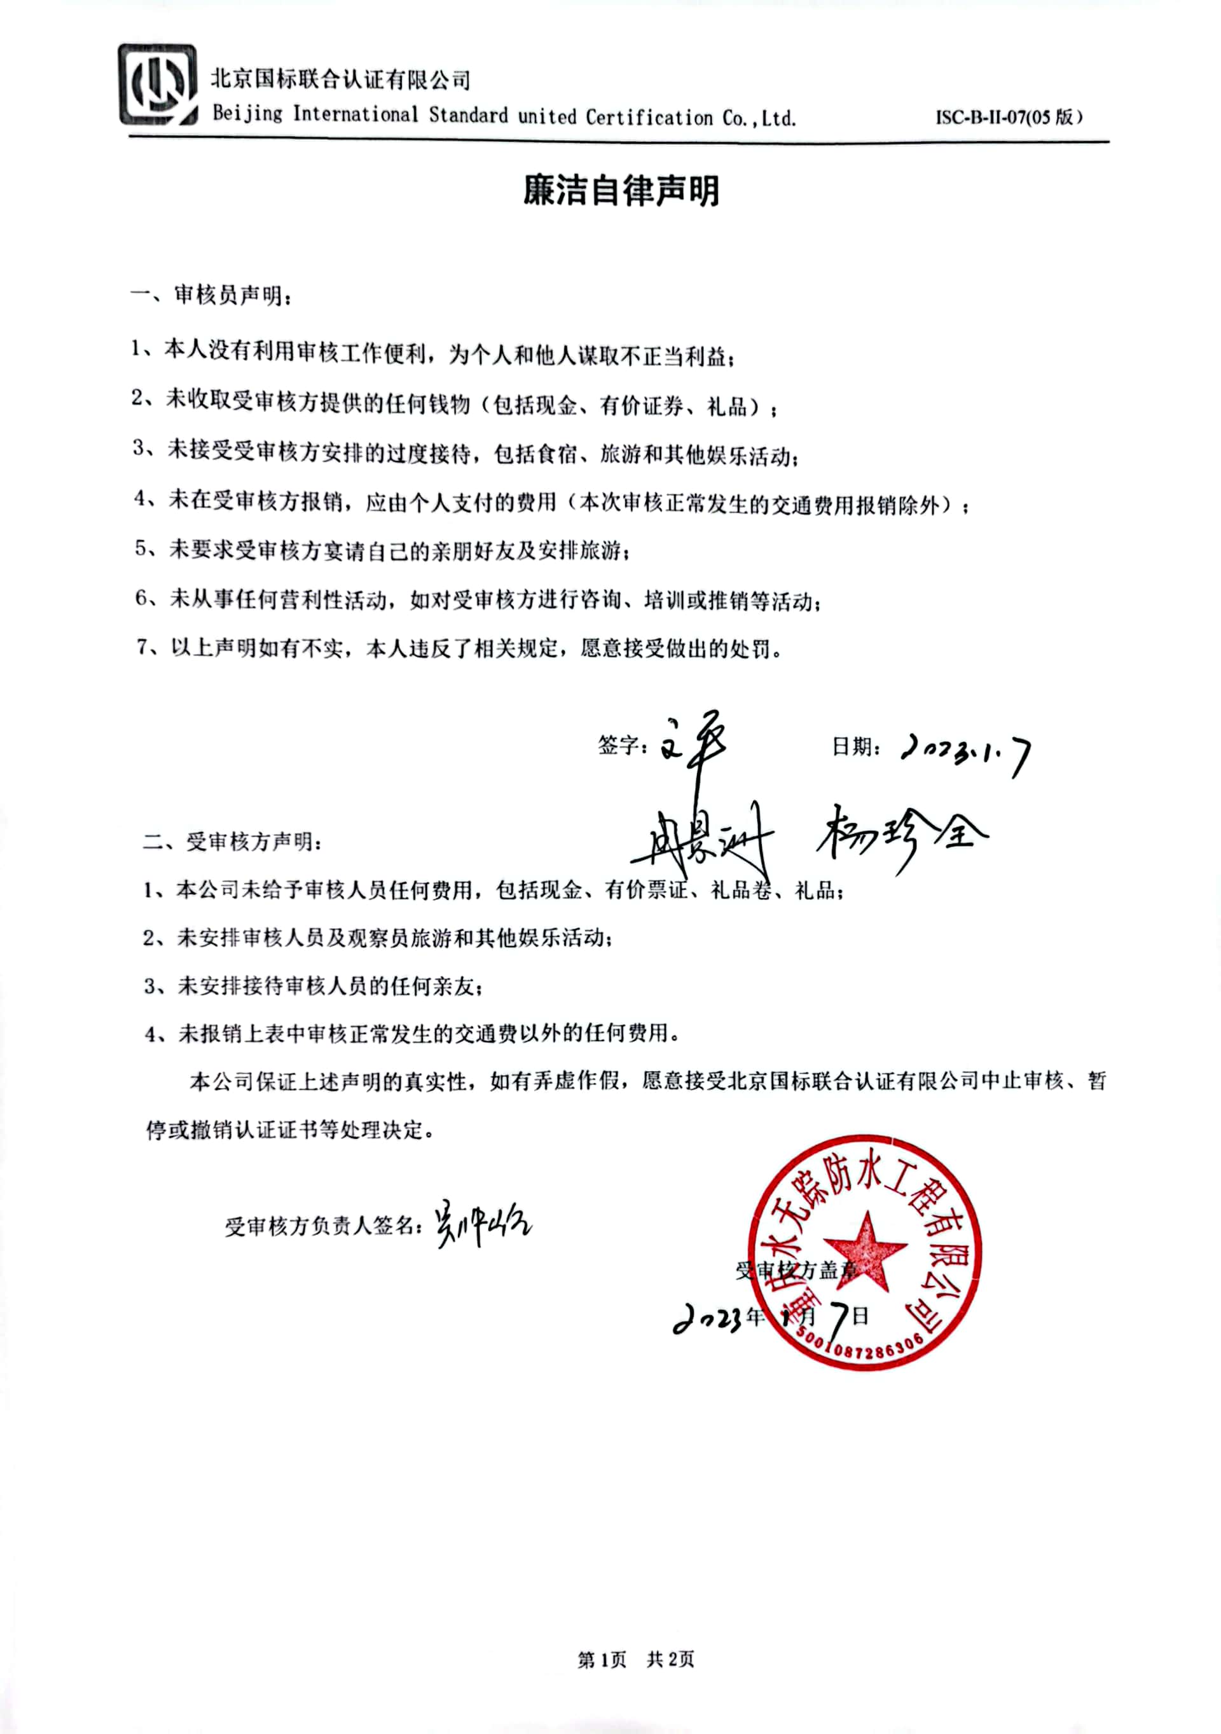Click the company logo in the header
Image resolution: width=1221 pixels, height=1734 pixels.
click(157, 85)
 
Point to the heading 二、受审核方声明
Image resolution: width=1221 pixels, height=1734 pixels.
click(232, 842)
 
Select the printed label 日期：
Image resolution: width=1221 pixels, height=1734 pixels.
click(855, 747)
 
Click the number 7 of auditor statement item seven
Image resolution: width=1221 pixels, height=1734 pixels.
click(144, 647)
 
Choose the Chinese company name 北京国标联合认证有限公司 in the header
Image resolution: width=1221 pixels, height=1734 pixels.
click(340, 79)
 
